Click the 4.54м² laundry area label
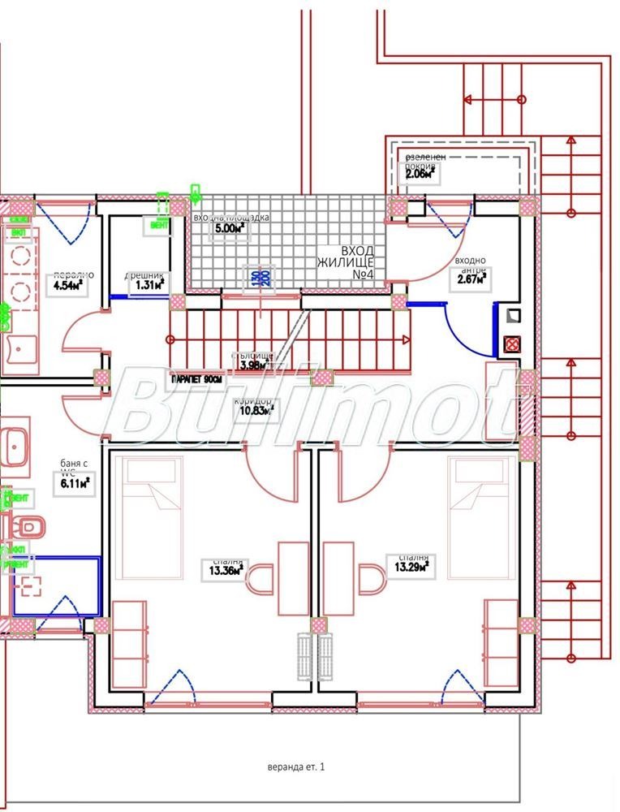pos(68,286)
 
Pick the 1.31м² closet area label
pos(148,284)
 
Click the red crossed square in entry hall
pos(512,343)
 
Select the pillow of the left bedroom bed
pos(147,475)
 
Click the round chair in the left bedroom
pos(260,581)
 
